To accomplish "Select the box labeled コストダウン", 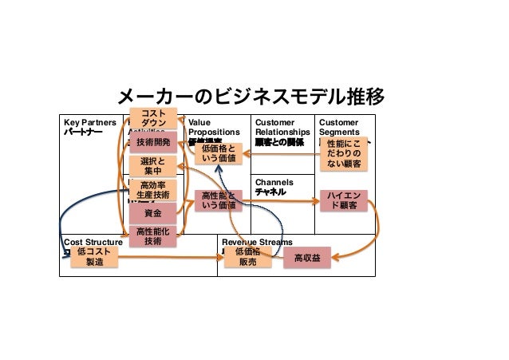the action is pyautogui.click(x=152, y=118).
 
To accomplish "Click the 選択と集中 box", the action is pyautogui.click(x=152, y=166).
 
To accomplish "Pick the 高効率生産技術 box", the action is pyautogui.click(x=152, y=190).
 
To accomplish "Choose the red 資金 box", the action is pyautogui.click(x=152, y=213).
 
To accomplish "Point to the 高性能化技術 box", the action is pyautogui.click(x=152, y=235).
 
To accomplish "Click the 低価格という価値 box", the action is pyautogui.click(x=218, y=153).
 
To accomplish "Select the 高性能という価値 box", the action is pyautogui.click(x=218, y=200).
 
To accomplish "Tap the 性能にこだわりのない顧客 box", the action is pyautogui.click(x=345, y=152).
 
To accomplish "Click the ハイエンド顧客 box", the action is pyautogui.click(x=344, y=200).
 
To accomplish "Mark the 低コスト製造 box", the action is pyautogui.click(x=94, y=256).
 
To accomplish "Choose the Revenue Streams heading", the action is pyautogui.click(x=257, y=241).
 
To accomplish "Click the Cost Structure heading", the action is pyautogui.click(x=93, y=241).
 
